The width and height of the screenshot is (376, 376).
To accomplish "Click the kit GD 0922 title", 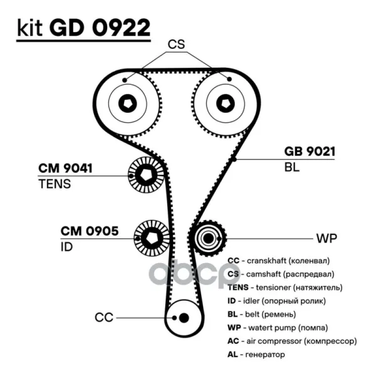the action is click(84, 28).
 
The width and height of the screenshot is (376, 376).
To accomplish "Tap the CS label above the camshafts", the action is click(176, 44).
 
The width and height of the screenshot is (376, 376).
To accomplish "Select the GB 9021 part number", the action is click(310, 151).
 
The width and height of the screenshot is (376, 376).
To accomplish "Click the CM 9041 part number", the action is click(65, 168).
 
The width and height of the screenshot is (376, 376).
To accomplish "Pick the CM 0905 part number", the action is click(90, 231).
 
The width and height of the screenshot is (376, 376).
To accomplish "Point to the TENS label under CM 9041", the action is click(55, 184).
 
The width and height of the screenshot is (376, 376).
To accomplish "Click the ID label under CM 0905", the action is click(66, 247).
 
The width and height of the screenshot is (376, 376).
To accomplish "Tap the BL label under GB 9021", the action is click(292, 167).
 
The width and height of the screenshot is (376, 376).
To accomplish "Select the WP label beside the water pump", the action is click(326, 238).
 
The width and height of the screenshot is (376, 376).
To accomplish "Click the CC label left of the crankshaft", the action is click(104, 318).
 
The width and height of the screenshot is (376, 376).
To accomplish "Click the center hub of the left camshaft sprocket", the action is click(128, 103).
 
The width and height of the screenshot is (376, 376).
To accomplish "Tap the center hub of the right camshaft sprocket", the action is click(226, 103).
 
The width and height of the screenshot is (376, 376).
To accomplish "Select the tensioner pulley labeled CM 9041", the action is click(146, 175).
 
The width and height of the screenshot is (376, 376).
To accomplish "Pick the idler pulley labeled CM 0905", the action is click(152, 238).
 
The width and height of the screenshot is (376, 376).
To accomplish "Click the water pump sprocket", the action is click(207, 238).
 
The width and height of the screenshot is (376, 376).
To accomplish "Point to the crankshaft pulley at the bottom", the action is click(184, 318).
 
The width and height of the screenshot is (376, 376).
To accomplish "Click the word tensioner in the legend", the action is click(273, 287).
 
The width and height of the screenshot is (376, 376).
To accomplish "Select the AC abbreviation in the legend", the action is click(233, 341).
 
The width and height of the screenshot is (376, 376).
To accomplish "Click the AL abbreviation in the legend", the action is click(232, 354).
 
